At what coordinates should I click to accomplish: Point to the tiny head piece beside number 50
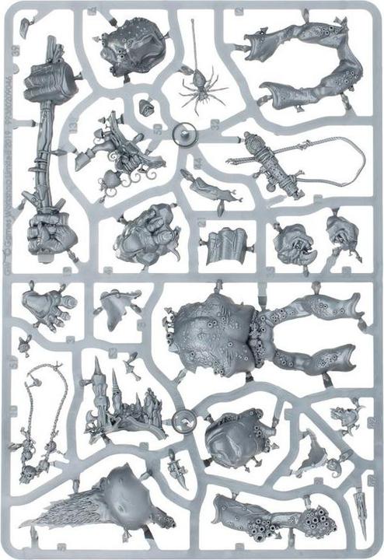145,107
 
